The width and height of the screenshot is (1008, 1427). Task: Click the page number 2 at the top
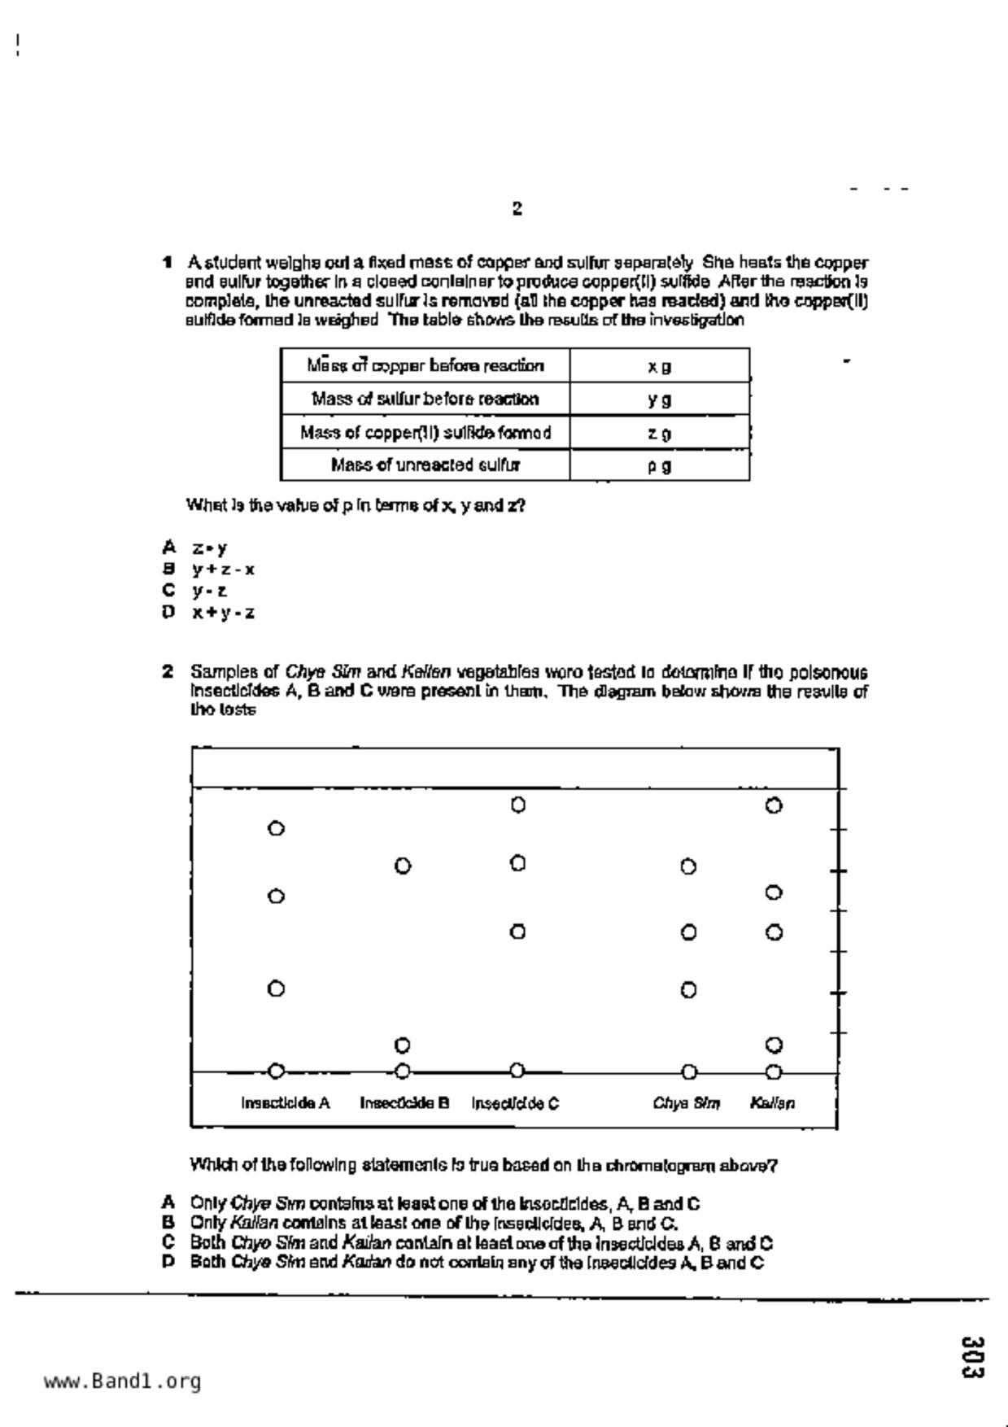click(x=517, y=208)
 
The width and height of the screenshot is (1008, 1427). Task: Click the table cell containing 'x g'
click(x=659, y=366)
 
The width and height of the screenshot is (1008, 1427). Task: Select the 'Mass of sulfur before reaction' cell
click(x=425, y=399)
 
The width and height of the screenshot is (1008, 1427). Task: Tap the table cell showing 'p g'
click(x=659, y=466)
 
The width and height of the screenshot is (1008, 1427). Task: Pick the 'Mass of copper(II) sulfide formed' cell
click(x=425, y=432)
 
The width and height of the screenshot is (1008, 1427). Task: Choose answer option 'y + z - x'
click(x=223, y=569)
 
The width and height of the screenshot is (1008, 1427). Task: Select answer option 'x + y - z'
click(x=223, y=613)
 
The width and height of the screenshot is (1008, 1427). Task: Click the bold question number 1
click(x=168, y=262)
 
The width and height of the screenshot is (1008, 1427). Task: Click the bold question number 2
click(x=168, y=672)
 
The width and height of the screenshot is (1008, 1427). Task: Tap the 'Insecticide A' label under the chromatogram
click(x=285, y=1103)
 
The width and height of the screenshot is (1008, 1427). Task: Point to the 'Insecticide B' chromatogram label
click(x=404, y=1103)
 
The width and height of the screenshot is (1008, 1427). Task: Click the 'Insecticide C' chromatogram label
click(x=515, y=1103)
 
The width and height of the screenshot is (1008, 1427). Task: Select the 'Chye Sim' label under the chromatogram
click(x=687, y=1103)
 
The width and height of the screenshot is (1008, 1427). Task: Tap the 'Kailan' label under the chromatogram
click(x=772, y=1103)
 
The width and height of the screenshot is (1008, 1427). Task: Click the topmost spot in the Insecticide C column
click(x=518, y=805)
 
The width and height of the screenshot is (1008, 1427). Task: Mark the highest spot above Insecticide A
click(x=276, y=829)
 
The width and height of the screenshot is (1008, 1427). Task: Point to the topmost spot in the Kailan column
click(x=775, y=806)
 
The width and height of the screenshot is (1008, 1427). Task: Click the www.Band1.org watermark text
click(x=122, y=1381)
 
